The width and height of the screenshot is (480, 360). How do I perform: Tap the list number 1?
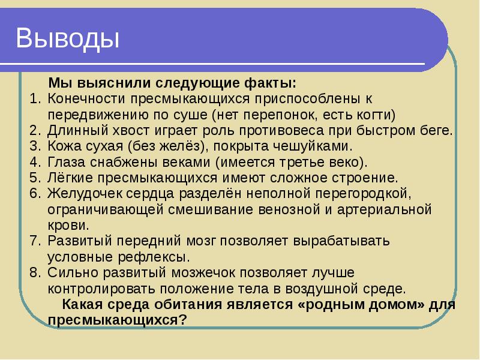click(34, 98)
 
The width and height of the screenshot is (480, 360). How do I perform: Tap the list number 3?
click(34, 146)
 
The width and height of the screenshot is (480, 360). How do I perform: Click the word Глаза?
click(68, 163)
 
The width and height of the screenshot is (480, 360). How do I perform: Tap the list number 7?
click(34, 242)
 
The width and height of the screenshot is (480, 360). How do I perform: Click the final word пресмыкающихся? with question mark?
click(118, 320)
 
